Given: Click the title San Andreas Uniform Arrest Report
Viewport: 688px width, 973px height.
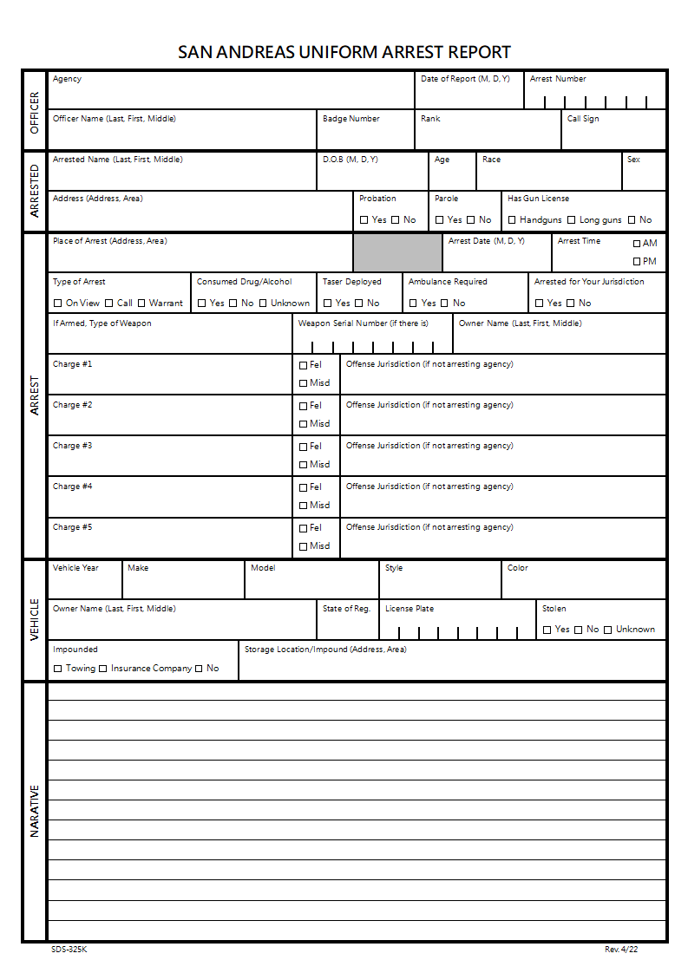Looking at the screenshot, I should tap(344, 52).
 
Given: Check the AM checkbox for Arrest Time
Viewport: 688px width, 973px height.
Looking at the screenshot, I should tap(637, 244).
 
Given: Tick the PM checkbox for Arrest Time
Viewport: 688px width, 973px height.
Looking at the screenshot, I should tap(637, 261).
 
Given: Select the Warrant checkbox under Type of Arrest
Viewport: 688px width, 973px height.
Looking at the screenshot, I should tap(141, 304).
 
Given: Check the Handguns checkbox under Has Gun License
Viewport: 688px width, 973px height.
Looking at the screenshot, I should tap(512, 220).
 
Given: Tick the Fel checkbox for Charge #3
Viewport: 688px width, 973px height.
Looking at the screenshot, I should tap(303, 447).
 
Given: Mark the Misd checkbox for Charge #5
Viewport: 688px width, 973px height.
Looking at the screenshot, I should tap(303, 546).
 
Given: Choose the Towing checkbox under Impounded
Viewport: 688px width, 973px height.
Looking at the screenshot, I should tap(58, 669).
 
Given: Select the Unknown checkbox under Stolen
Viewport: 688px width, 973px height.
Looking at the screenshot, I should tap(608, 630).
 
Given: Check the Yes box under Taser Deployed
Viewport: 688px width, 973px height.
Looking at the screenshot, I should tap(328, 304).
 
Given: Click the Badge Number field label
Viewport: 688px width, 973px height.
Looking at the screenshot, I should tap(351, 119).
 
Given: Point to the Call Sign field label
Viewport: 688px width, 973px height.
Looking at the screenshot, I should tap(583, 119).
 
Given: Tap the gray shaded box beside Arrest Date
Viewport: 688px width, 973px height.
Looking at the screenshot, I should tap(397, 252).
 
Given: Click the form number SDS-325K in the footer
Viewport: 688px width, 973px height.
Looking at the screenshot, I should tap(69, 950).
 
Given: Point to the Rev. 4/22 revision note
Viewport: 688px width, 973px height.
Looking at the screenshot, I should tap(621, 950).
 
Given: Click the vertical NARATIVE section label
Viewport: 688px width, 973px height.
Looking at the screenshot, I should tap(35, 811).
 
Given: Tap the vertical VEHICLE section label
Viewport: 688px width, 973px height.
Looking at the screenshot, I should tap(35, 619).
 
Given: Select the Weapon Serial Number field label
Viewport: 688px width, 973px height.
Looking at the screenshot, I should tap(364, 323).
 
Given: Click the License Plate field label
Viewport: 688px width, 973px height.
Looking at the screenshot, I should tap(410, 609).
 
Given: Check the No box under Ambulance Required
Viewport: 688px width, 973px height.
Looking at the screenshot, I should tap(444, 304).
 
